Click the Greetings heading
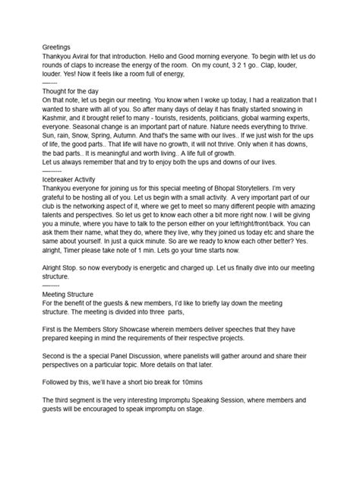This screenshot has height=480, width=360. click(x=57, y=46)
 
